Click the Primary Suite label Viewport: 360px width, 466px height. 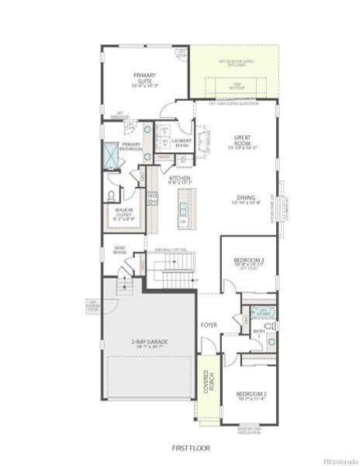pos(145,77)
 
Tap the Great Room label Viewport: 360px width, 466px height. pos(242,141)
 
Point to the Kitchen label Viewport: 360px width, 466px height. pos(180,180)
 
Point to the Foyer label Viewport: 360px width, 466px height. pos(209,325)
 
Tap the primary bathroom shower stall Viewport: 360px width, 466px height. pos(112,155)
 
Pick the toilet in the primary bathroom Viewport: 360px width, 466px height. pos(111,196)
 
